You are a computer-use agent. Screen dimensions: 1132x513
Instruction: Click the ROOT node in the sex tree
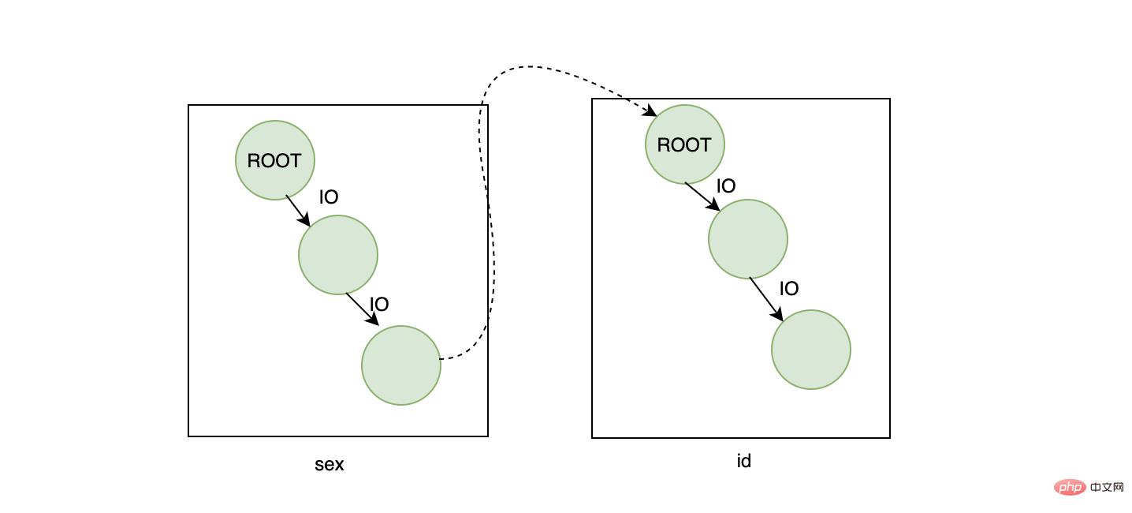(x=275, y=160)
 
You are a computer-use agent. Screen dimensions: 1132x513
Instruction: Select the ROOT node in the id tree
(x=685, y=144)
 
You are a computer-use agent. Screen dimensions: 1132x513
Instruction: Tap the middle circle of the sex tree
(x=338, y=255)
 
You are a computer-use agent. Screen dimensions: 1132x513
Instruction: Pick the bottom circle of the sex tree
(x=401, y=365)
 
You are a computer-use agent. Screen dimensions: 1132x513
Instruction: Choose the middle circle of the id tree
(x=748, y=239)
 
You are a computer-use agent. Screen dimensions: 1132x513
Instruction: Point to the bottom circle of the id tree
(x=811, y=350)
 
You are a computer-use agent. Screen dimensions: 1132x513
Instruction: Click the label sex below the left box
(x=329, y=464)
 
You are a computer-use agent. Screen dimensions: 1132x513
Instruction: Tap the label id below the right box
(x=744, y=460)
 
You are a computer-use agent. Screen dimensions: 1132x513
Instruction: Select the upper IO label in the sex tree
(x=329, y=197)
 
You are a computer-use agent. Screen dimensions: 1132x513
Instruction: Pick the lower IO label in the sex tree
(x=379, y=304)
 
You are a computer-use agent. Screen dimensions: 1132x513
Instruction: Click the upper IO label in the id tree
(x=726, y=185)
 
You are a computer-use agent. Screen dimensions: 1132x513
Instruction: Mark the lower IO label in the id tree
(x=789, y=288)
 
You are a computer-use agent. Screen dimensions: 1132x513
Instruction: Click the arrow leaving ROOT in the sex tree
(x=298, y=211)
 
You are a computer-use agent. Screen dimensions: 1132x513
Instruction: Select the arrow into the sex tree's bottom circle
(x=363, y=309)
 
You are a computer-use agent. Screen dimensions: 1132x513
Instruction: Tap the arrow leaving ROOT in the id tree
(x=702, y=197)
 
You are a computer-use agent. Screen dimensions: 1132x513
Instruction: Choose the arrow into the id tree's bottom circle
(x=766, y=299)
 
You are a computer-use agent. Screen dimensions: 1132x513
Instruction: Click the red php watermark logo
(x=1070, y=487)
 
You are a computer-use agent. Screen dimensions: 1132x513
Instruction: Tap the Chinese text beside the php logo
(x=1107, y=487)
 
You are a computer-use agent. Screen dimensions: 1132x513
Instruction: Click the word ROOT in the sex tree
(x=274, y=161)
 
